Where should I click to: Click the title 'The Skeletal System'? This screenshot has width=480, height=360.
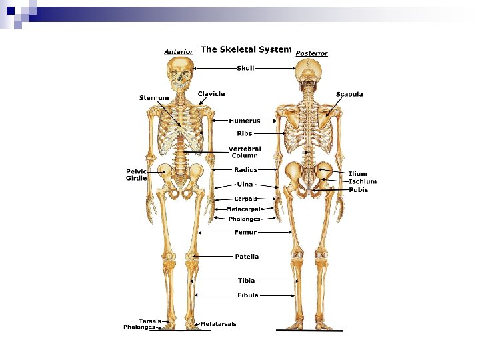pyautogui.click(x=246, y=49)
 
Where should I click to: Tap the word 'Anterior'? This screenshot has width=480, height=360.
pyautogui.click(x=179, y=51)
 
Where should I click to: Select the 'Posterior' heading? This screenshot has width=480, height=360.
pyautogui.click(x=311, y=53)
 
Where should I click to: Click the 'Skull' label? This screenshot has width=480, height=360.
pyautogui.click(x=245, y=67)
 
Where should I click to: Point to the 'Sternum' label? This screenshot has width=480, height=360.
pyautogui.click(x=154, y=98)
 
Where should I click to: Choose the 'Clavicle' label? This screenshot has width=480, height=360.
pyautogui.click(x=211, y=94)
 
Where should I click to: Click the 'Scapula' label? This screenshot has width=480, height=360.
pyautogui.click(x=349, y=94)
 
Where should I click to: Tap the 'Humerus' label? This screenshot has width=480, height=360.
pyautogui.click(x=245, y=121)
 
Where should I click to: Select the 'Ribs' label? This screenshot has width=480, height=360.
pyautogui.click(x=245, y=133)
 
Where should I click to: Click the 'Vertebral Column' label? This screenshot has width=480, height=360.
pyautogui.click(x=245, y=152)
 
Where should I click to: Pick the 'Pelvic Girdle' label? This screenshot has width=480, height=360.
pyautogui.click(x=136, y=175)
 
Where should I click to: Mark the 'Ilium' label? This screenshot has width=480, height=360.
pyautogui.click(x=358, y=174)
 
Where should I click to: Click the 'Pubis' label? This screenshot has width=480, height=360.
pyautogui.click(x=359, y=190)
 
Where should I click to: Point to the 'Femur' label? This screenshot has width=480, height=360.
pyautogui.click(x=245, y=232)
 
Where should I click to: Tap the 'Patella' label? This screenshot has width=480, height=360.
pyautogui.click(x=247, y=256)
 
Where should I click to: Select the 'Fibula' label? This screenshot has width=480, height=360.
pyautogui.click(x=248, y=295)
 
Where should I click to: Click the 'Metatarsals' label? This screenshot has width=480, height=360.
pyautogui.click(x=218, y=324)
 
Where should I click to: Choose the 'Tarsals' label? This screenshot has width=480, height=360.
pyautogui.click(x=149, y=321)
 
